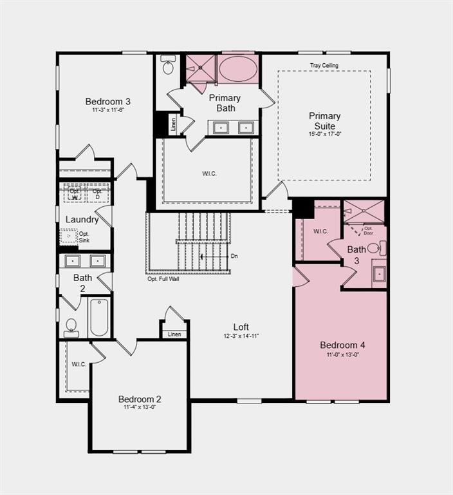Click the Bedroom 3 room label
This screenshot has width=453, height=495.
tap(108, 101)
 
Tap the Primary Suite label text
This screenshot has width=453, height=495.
tap(324, 121)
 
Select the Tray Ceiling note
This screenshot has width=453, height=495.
tap(324, 66)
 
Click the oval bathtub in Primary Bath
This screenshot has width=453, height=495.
tap(237, 67)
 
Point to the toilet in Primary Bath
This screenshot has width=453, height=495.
tap(168, 66)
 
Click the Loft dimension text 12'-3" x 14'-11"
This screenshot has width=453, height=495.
tap(241, 336)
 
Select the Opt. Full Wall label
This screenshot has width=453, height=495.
tap(163, 279)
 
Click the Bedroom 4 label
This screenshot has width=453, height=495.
tap(342, 345)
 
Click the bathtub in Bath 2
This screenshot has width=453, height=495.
tap(99, 317)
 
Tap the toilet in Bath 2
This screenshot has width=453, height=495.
tap(71, 327)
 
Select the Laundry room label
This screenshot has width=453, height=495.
tap(82, 219)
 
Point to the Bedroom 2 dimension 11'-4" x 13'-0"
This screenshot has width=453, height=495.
tap(140, 407)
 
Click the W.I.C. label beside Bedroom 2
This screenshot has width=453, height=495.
tap(79, 364)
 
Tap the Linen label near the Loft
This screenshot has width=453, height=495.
tap(174, 335)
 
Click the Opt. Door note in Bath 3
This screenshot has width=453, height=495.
tap(369, 230)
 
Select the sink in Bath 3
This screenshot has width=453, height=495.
tap(379, 273)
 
